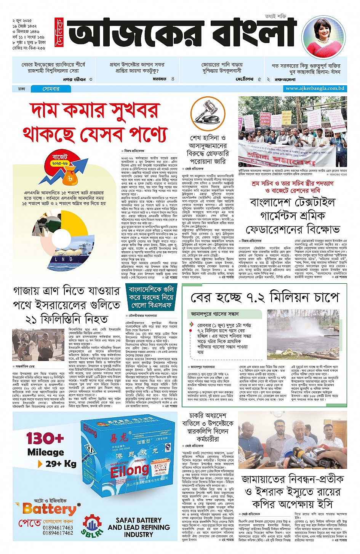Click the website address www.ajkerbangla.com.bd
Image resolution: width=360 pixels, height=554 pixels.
click(x=315, y=88)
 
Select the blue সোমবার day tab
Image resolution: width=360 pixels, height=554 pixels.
click(x=51, y=89)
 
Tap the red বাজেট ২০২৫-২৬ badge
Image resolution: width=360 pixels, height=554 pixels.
click(x=60, y=160)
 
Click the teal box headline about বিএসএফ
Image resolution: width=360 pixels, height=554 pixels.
click(x=151, y=297)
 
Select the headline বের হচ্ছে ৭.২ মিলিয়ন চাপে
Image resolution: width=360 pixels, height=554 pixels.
click(x=264, y=298)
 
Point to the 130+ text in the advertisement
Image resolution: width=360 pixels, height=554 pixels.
click(x=45, y=438)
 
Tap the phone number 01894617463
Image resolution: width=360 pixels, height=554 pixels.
click(x=58, y=527)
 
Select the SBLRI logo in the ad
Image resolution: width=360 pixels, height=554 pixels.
click(x=91, y=527)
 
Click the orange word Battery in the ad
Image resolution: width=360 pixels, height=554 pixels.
click(x=50, y=509)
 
